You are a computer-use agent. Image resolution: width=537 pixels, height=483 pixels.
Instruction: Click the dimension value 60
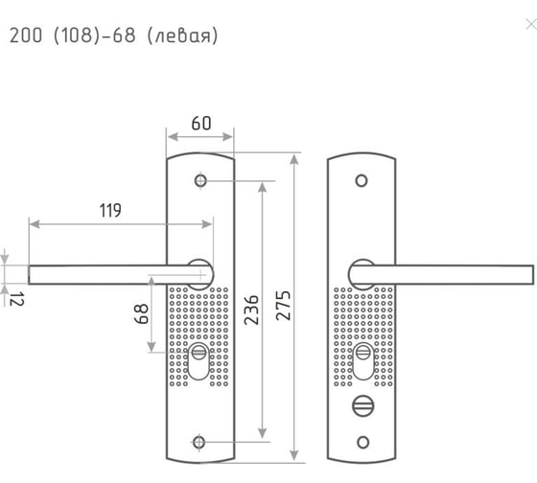201,124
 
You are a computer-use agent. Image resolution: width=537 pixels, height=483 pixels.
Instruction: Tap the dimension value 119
110,210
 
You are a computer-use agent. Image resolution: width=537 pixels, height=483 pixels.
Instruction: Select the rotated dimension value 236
251,310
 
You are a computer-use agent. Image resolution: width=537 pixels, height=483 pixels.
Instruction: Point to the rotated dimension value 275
284,306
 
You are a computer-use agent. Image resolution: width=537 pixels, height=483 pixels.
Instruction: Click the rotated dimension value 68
141,314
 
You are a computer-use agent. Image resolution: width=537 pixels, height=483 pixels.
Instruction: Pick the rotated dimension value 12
17,299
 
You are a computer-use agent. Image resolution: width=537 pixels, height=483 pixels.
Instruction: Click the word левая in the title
182,36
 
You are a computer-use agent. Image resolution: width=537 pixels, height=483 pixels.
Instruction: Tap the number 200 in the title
26,35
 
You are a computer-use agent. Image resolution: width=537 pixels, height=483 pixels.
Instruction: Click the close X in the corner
531,25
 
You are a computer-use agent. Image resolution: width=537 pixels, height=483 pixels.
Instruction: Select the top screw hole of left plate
200,180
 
